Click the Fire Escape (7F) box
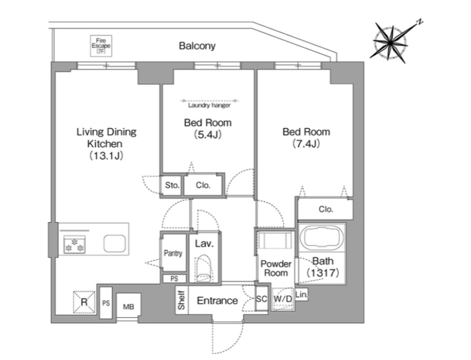click(x=101, y=46)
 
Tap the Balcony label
click(x=197, y=46)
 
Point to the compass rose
click(x=391, y=43)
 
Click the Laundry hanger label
click(x=209, y=105)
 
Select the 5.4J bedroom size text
click(x=208, y=134)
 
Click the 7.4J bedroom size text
click(x=306, y=144)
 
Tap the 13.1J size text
click(x=107, y=156)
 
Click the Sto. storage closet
click(x=172, y=185)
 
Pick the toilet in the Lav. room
click(x=204, y=268)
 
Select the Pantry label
click(x=173, y=253)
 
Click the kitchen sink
click(x=115, y=243)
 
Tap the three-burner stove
click(x=75, y=244)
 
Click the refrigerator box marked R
click(x=84, y=302)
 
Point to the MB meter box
click(x=128, y=305)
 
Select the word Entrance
click(x=217, y=301)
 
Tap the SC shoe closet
click(x=261, y=299)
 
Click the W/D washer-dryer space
click(x=283, y=299)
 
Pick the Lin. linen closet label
click(x=302, y=294)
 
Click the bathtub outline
click(x=322, y=238)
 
